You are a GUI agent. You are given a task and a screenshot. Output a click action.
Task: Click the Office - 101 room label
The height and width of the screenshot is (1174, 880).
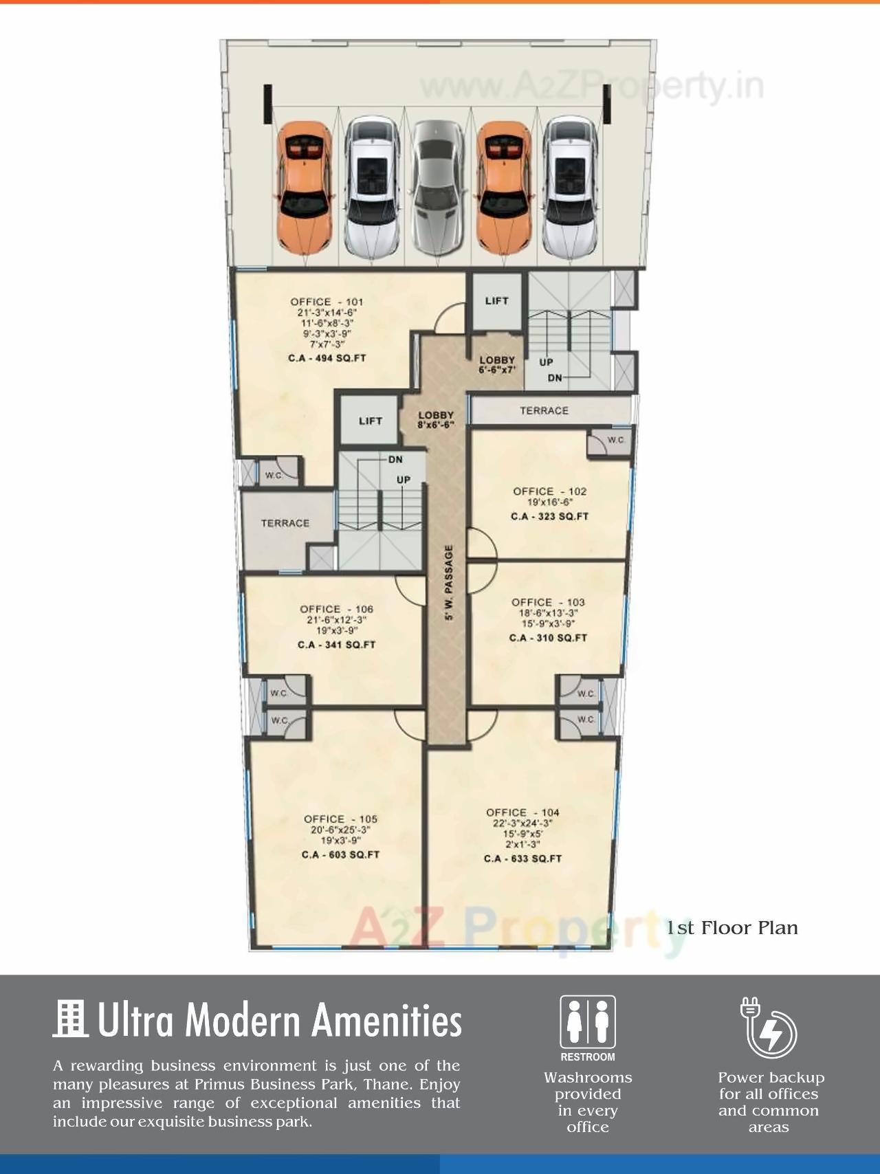tap(327, 302)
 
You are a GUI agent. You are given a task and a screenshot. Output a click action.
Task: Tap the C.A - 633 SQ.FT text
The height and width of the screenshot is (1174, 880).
tap(522, 859)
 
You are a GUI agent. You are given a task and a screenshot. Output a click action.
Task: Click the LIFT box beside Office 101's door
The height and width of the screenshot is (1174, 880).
tap(496, 301)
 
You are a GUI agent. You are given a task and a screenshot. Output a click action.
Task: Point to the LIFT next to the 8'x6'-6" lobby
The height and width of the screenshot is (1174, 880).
tap(370, 421)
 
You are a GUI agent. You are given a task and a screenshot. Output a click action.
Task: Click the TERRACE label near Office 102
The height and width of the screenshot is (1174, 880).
tap(544, 410)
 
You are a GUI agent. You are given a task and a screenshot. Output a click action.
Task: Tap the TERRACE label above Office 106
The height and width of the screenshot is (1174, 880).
tap(285, 523)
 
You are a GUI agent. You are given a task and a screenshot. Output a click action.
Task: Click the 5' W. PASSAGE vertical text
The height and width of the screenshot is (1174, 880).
tap(449, 583)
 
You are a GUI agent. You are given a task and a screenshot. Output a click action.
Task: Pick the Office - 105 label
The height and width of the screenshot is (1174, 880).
tap(340, 819)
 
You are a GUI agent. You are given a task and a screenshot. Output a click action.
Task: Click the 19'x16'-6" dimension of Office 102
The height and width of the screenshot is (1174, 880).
tap(550, 502)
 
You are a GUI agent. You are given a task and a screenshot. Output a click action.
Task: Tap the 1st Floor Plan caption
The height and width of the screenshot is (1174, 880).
tap(732, 928)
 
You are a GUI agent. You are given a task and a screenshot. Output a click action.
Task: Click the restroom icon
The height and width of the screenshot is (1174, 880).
tap(587, 1022)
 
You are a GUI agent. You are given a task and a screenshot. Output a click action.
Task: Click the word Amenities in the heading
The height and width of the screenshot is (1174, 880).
tap(386, 1020)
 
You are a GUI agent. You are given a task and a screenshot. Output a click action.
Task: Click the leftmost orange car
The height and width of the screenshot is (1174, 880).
tap(304, 187)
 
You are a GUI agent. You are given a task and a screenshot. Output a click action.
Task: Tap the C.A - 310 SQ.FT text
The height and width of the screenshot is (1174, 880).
tap(548, 638)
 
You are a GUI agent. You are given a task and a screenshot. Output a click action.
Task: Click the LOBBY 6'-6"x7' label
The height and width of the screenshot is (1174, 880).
tap(497, 364)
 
